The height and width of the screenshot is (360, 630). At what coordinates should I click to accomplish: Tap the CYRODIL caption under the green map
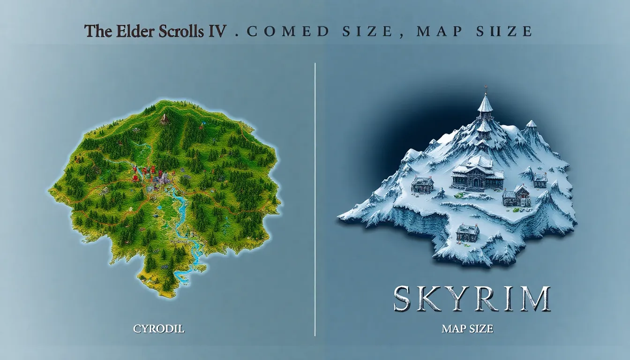coord(159,329)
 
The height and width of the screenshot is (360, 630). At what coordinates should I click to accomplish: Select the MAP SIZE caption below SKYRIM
coord(467,329)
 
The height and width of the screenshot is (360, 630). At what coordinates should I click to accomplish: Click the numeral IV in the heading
coord(220,31)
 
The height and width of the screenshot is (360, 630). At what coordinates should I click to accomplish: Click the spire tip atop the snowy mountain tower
coord(485,88)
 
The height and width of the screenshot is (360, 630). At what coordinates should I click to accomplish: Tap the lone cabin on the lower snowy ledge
coord(467,232)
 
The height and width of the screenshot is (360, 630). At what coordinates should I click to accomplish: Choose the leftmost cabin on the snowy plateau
coord(422,184)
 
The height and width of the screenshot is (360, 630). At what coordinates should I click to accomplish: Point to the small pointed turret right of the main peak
coord(531,125)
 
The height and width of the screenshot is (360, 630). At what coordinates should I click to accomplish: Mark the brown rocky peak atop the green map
coord(164,119)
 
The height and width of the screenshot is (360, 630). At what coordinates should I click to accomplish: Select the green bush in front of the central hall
coord(461,195)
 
